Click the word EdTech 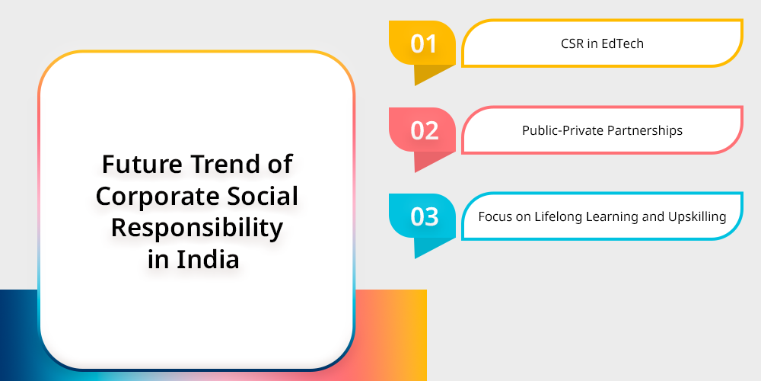pos(622,43)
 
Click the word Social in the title pos(256,196)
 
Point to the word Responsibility pos(196,229)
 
